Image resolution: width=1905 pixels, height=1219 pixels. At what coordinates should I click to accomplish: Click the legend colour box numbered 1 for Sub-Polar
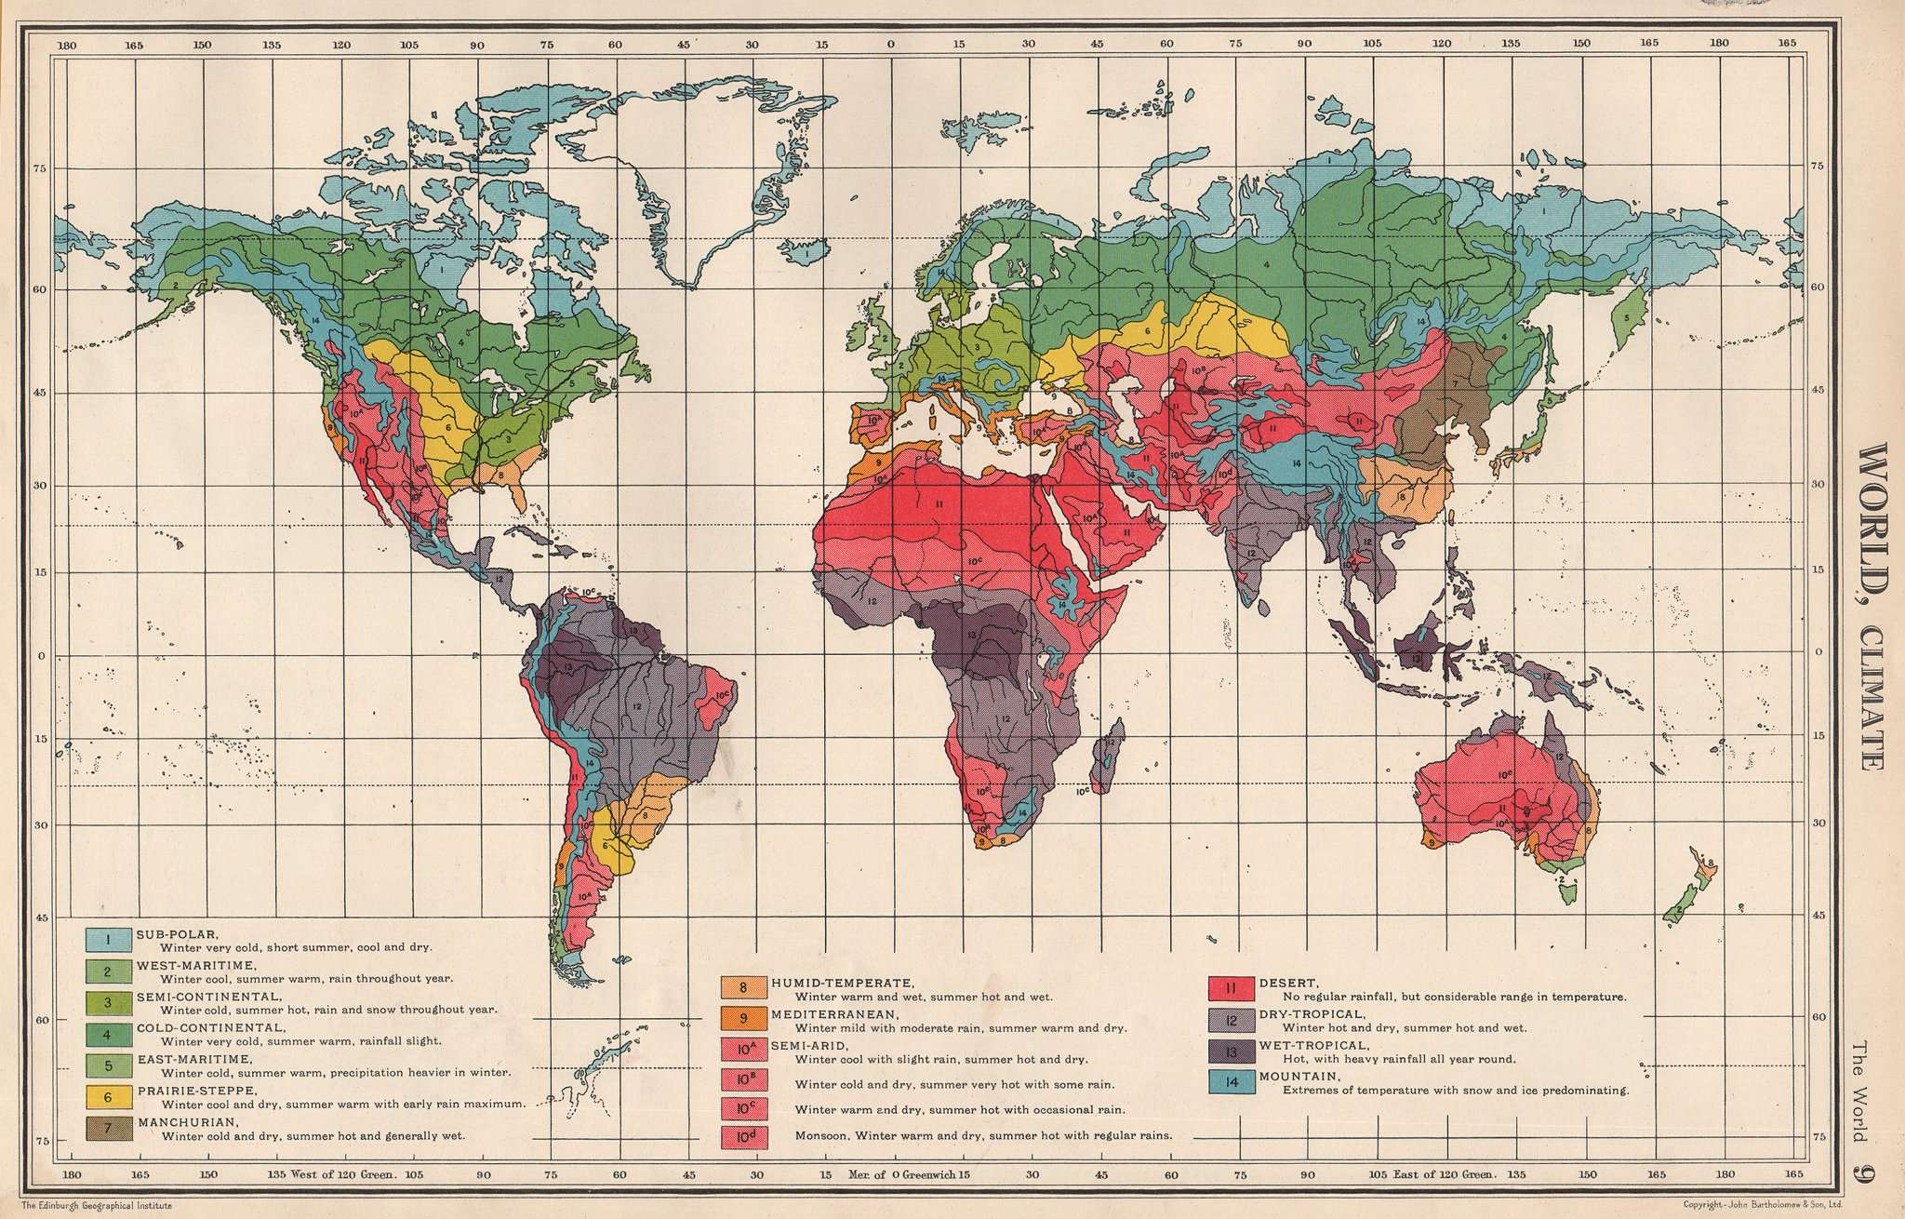(108, 939)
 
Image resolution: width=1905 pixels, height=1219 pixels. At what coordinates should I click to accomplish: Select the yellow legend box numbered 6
(108, 1097)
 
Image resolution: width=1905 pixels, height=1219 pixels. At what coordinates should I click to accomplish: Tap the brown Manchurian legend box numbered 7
(108, 1129)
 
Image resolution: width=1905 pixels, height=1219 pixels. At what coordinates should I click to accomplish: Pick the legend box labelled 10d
(744, 1136)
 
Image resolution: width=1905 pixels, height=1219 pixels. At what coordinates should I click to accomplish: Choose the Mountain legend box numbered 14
(1228, 1083)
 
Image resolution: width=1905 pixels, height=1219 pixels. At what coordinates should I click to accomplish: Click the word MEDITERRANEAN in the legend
(833, 1013)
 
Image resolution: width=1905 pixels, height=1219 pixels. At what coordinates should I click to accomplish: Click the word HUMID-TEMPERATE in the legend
(842, 983)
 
